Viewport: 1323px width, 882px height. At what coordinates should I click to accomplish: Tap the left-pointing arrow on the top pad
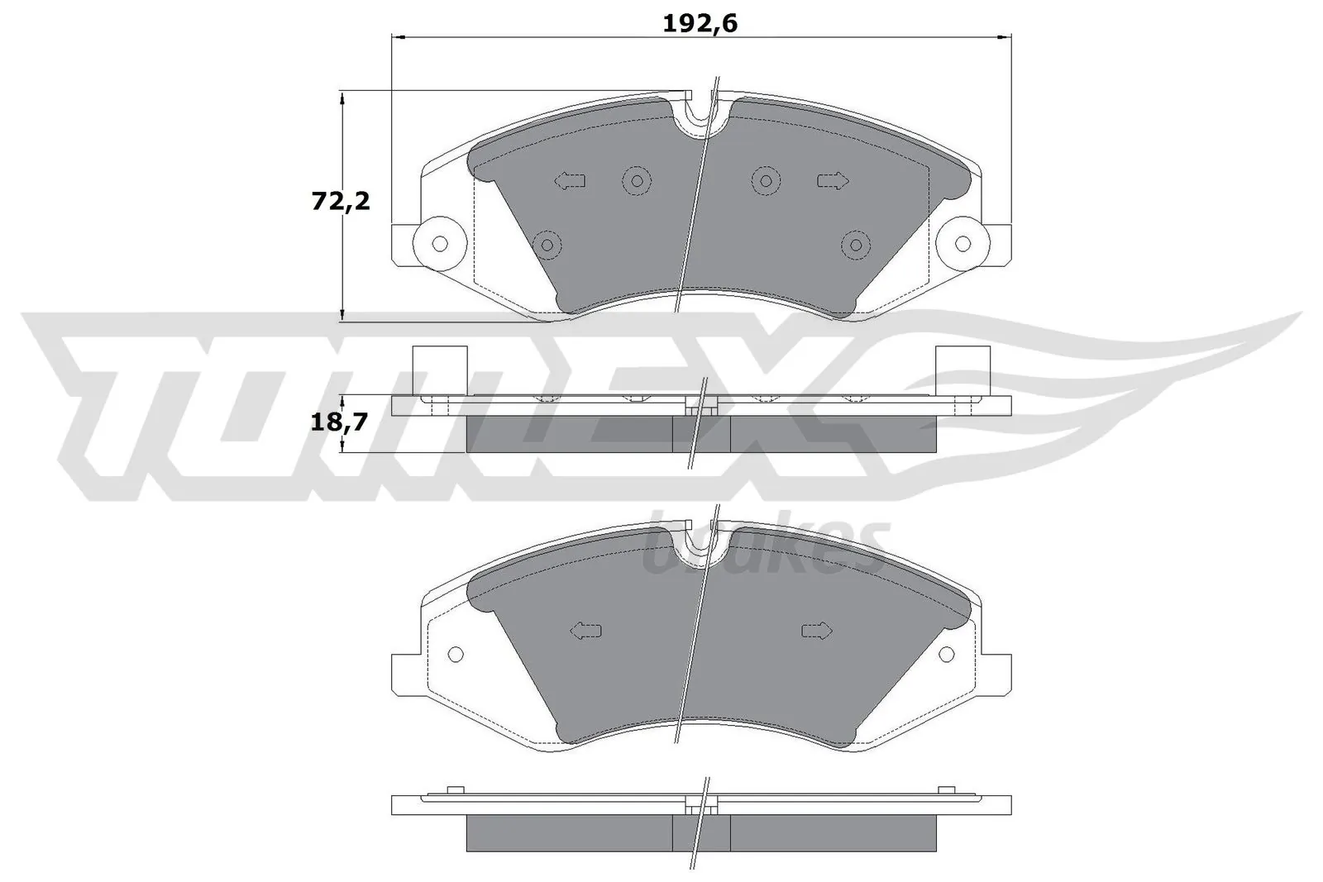tap(570, 180)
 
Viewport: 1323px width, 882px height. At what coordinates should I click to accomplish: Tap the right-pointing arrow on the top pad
tap(833, 180)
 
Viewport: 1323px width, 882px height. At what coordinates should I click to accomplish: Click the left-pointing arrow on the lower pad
tap(585, 631)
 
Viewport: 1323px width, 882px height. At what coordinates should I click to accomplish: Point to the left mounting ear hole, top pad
tap(440, 243)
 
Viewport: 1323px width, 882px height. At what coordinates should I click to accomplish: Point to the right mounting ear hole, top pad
tap(962, 243)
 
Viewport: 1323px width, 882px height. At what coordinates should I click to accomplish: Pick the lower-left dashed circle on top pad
tap(547, 243)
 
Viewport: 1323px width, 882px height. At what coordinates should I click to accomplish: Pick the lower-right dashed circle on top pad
tap(856, 243)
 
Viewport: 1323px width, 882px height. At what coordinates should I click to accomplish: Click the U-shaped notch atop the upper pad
tap(700, 117)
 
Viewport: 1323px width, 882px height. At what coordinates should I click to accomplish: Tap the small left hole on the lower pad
tap(454, 654)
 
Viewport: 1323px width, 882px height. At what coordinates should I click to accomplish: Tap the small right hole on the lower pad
tap(948, 654)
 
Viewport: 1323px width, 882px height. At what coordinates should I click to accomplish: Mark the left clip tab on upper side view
tap(439, 368)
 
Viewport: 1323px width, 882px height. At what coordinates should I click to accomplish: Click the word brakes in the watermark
tap(765, 550)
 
